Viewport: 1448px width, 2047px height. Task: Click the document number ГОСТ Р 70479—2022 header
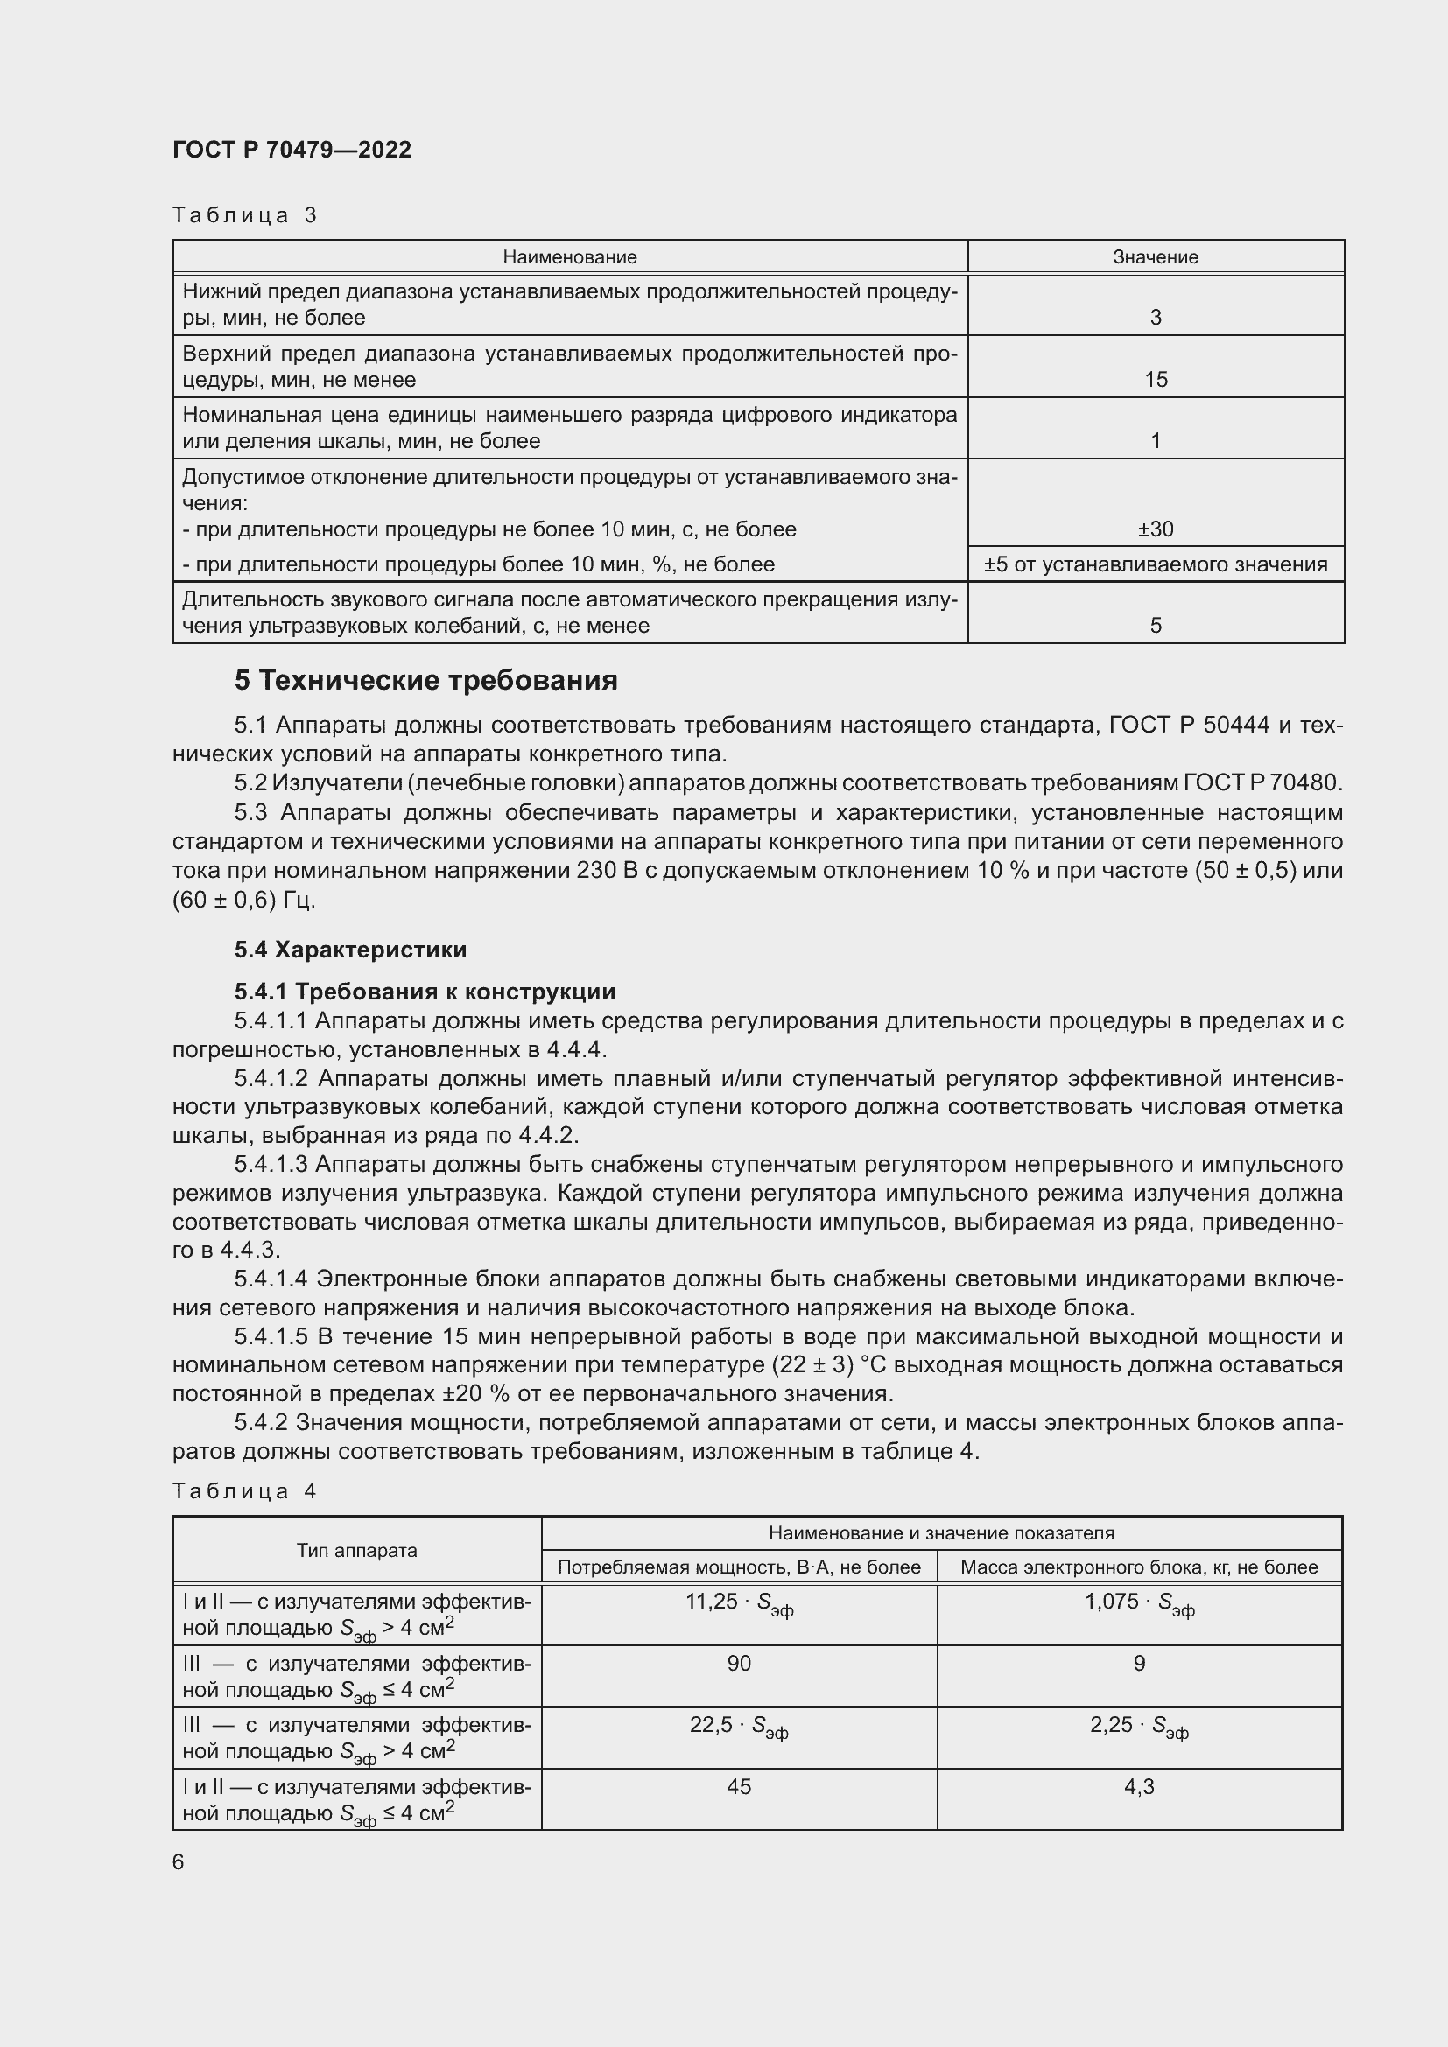292,150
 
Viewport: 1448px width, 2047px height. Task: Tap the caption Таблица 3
245,215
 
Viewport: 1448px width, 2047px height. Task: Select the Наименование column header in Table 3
570,256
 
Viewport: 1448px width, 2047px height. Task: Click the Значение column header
1155,256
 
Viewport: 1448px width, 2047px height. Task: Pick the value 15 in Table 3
1156,380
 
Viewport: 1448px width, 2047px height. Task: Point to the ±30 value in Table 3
1156,529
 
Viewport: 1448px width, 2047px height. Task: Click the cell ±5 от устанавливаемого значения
1156,564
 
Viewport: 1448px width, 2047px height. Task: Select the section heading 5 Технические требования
425,681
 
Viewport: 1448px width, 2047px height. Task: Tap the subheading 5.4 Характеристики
350,950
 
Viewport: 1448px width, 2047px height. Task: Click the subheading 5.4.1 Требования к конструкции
425,992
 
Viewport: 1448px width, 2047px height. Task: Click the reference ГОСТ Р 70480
1262,782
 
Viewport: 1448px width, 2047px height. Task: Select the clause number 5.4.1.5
271,1336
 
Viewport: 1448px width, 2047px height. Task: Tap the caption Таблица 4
245,1491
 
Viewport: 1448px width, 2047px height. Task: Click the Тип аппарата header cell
356,1551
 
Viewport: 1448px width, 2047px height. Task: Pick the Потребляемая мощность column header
738,1567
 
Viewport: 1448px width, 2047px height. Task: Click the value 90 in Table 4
738,1663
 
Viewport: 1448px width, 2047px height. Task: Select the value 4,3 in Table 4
1139,1787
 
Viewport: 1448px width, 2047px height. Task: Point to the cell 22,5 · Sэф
738,1726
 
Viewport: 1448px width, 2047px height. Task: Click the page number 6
179,1862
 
